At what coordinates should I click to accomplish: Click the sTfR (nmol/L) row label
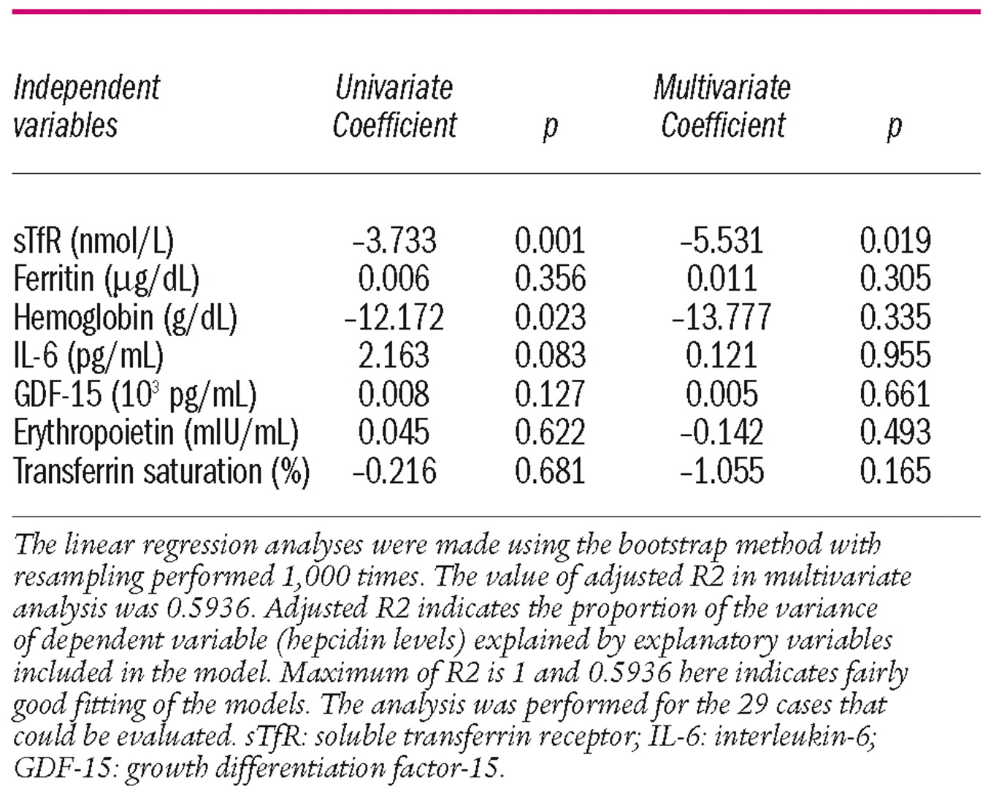pos(93,241)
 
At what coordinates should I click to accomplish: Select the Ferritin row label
pos(106,279)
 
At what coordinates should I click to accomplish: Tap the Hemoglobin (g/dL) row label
pos(125,318)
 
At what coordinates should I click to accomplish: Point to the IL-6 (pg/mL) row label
pos(88,356)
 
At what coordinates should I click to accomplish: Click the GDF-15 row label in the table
pos(135,395)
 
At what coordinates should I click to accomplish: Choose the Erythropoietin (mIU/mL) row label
pos(156,432)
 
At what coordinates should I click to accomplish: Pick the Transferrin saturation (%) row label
pos(161,471)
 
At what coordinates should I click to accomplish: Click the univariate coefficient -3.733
pos(394,241)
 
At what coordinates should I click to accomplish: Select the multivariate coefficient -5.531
pos(721,241)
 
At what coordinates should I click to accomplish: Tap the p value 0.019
pos(895,241)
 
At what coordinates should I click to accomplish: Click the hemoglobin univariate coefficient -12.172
pos(394,318)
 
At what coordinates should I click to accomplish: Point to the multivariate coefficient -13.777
pos(721,318)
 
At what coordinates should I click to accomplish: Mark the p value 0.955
pos(895,356)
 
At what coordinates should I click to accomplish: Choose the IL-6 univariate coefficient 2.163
pos(394,356)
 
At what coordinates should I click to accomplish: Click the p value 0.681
pos(550,471)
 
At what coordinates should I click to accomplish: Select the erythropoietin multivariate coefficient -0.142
pos(721,432)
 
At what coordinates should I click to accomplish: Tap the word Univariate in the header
pos(394,88)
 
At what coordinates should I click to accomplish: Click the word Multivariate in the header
pos(721,88)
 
